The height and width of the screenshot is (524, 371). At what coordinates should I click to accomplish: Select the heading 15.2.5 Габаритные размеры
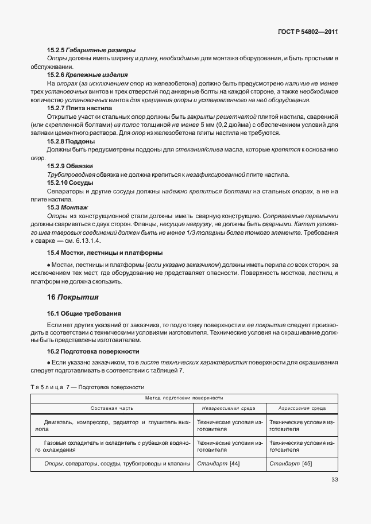(91, 51)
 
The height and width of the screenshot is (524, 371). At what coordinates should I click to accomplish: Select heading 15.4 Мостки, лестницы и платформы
(105, 252)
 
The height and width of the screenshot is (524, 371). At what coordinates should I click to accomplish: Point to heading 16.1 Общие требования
(84, 313)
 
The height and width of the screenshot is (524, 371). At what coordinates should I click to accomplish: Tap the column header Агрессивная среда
(303, 408)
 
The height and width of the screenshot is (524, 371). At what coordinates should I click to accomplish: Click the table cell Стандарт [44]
(218, 463)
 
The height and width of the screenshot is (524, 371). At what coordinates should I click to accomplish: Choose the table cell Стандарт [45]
(291, 463)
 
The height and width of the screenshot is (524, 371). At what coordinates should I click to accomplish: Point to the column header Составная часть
(112, 408)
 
